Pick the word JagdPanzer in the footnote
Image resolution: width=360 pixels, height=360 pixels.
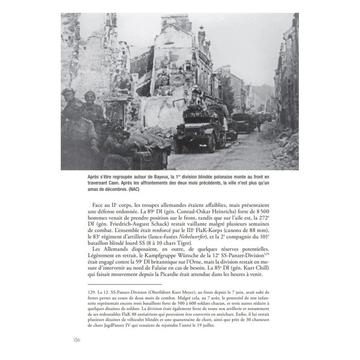click(x=105, y=334)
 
